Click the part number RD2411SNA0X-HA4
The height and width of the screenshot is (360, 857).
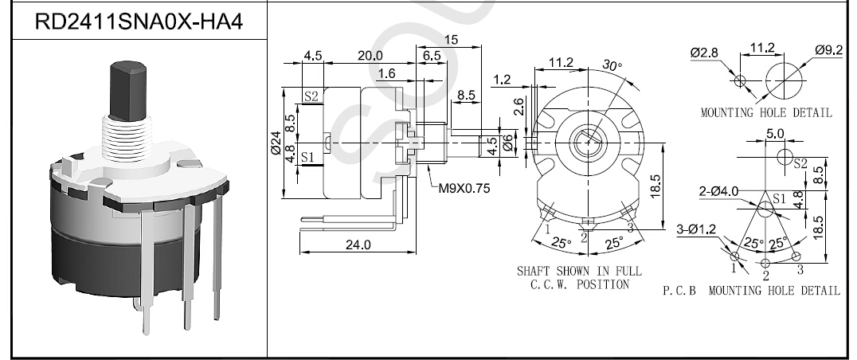click(139, 22)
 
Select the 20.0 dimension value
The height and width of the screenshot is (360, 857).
click(370, 56)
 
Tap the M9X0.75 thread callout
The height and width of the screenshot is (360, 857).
click(464, 189)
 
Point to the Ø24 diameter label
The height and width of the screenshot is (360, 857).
click(276, 143)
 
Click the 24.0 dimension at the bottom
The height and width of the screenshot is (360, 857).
click(358, 245)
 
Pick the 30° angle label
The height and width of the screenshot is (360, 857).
click(612, 65)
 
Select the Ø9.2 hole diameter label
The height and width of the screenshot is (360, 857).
click(829, 49)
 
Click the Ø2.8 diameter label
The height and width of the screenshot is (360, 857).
click(704, 53)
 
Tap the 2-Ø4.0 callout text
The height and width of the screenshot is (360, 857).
click(718, 191)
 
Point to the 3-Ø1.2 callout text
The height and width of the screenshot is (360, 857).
click(696, 229)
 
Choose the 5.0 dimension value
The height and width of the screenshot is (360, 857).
click(775, 134)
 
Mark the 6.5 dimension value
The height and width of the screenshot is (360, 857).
click(432, 56)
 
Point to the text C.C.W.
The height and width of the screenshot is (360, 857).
click(550, 284)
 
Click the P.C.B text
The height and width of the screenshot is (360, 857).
click(679, 291)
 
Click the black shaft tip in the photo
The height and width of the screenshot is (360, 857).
click(129, 90)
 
